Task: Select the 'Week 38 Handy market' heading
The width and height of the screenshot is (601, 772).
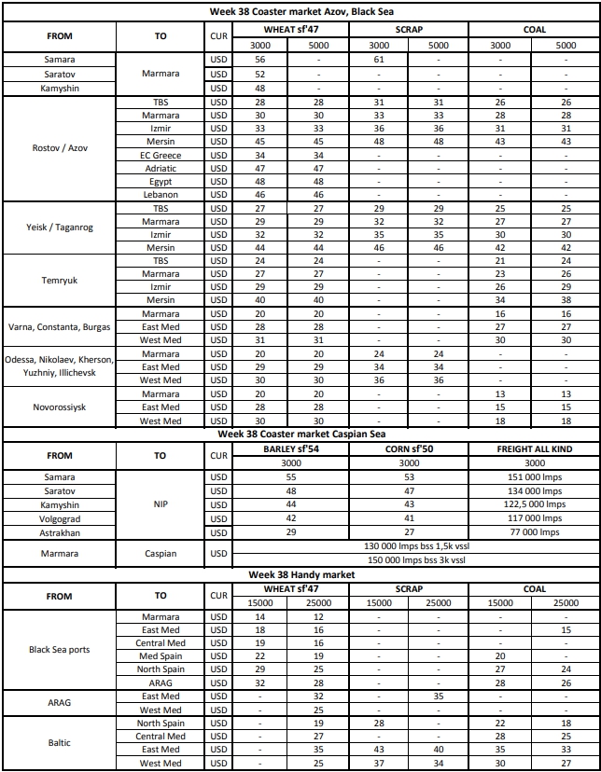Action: [x=300, y=575]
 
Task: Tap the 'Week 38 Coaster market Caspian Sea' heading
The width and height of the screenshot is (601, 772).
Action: [x=300, y=434]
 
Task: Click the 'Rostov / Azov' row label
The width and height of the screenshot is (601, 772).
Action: [x=59, y=147]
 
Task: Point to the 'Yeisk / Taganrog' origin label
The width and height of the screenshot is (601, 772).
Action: [x=59, y=228]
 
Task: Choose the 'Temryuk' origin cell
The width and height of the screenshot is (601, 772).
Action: [x=59, y=281]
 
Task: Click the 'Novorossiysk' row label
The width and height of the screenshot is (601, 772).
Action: [x=59, y=407]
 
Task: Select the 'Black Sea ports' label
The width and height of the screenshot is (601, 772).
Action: [x=59, y=650]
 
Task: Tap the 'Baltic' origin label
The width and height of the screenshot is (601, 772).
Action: [x=59, y=743]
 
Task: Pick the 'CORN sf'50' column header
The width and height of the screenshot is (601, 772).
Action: [x=409, y=448]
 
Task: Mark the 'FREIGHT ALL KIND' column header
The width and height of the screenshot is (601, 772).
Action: [x=534, y=448]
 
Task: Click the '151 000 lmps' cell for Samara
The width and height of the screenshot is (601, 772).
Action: [x=534, y=476]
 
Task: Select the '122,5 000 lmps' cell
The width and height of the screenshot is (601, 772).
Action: [x=534, y=504]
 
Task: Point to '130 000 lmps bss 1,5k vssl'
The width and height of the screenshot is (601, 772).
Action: [x=415, y=546]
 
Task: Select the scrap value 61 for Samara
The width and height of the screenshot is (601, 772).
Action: [x=379, y=59]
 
